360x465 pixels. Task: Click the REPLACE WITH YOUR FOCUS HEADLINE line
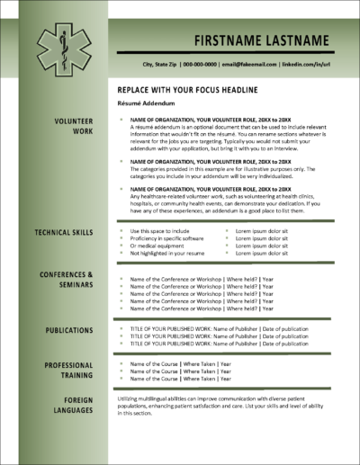point(188,91)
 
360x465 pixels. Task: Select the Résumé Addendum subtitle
point(143,104)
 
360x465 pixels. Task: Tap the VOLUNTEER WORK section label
point(73,125)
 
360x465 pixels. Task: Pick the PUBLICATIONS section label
point(69,330)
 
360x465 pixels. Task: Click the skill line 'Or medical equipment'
point(157,246)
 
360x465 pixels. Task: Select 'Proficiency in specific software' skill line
point(167,238)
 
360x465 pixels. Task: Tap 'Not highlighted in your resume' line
point(167,254)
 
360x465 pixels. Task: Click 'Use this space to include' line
point(160,230)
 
